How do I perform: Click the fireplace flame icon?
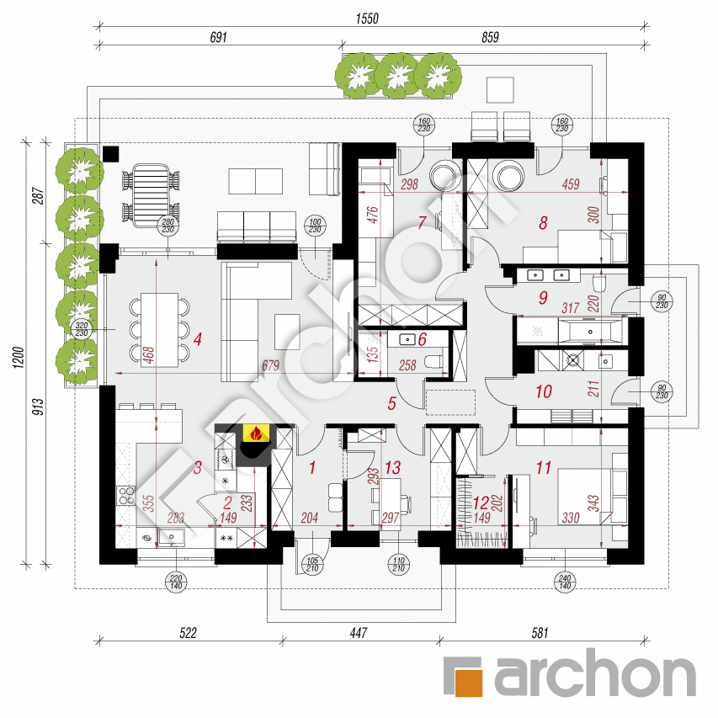click(257, 433)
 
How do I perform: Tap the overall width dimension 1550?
click(367, 19)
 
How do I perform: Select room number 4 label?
click(197, 339)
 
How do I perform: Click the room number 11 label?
click(544, 467)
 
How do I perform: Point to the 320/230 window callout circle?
click(82, 329)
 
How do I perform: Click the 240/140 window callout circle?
click(565, 582)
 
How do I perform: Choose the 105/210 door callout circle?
click(312, 564)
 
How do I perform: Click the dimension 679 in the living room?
click(271, 365)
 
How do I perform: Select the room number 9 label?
click(543, 298)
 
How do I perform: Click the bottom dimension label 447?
click(358, 633)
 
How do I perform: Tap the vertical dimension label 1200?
click(18, 358)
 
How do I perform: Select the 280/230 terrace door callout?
click(168, 226)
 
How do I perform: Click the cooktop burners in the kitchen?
click(126, 496)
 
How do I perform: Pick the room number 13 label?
click(392, 467)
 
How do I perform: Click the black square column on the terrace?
click(111, 153)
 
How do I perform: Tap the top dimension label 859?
click(490, 37)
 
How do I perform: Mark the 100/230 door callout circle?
click(315, 226)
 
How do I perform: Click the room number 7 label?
click(422, 222)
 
